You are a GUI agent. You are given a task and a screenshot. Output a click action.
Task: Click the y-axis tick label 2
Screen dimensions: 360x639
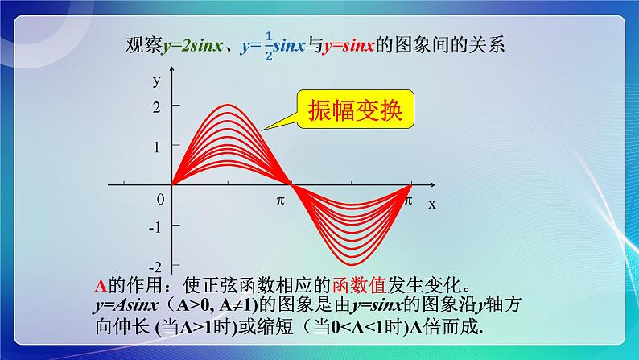click(x=155, y=106)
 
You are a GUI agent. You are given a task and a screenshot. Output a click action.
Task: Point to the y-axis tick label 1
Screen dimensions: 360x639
click(x=155, y=146)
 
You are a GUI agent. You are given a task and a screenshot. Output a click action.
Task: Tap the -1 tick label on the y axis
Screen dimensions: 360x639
click(x=155, y=226)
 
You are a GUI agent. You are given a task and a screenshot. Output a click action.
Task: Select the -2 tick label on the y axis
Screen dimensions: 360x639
click(x=155, y=266)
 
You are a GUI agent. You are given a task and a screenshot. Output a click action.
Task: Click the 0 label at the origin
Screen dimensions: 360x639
click(x=160, y=199)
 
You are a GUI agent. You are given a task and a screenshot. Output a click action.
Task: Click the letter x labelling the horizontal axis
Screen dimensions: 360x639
click(x=431, y=204)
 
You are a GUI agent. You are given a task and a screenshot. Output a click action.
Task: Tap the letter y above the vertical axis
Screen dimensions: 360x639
click(x=155, y=81)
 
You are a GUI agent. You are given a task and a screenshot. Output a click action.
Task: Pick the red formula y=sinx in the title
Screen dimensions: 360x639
click(x=348, y=46)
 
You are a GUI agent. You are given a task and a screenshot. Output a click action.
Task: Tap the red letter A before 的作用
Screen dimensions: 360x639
click(x=101, y=284)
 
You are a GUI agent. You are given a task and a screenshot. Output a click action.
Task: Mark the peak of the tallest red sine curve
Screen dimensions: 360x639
click(x=230, y=106)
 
